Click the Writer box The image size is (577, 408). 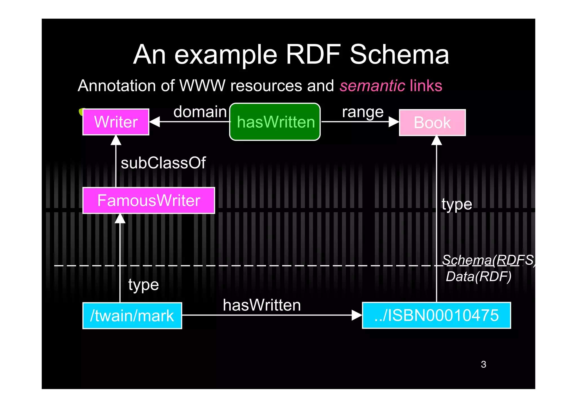pyautogui.click(x=116, y=122)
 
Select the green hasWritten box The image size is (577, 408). pyautogui.click(x=275, y=122)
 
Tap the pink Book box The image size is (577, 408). pyautogui.click(x=432, y=123)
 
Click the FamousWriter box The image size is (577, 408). pyautogui.click(x=148, y=200)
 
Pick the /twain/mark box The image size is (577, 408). pyautogui.click(x=132, y=316)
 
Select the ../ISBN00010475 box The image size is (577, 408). pyautogui.click(x=436, y=315)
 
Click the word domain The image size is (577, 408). pyautogui.click(x=200, y=112)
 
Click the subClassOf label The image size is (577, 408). pyautogui.click(x=163, y=163)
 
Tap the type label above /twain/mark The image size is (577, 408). pyautogui.click(x=143, y=285)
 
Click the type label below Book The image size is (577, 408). pyautogui.click(x=457, y=204)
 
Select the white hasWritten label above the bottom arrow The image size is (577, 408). pyautogui.click(x=262, y=305)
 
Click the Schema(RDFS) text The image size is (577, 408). pyautogui.click(x=488, y=260)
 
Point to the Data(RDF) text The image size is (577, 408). pyautogui.click(x=478, y=277)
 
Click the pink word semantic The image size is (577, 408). pyautogui.click(x=372, y=86)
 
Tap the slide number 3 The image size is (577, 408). pyautogui.click(x=483, y=364)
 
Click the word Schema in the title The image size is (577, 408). pyautogui.click(x=399, y=55)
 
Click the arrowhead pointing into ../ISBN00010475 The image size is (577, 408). pyautogui.click(x=356, y=315)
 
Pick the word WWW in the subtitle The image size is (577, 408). pyautogui.click(x=202, y=86)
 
